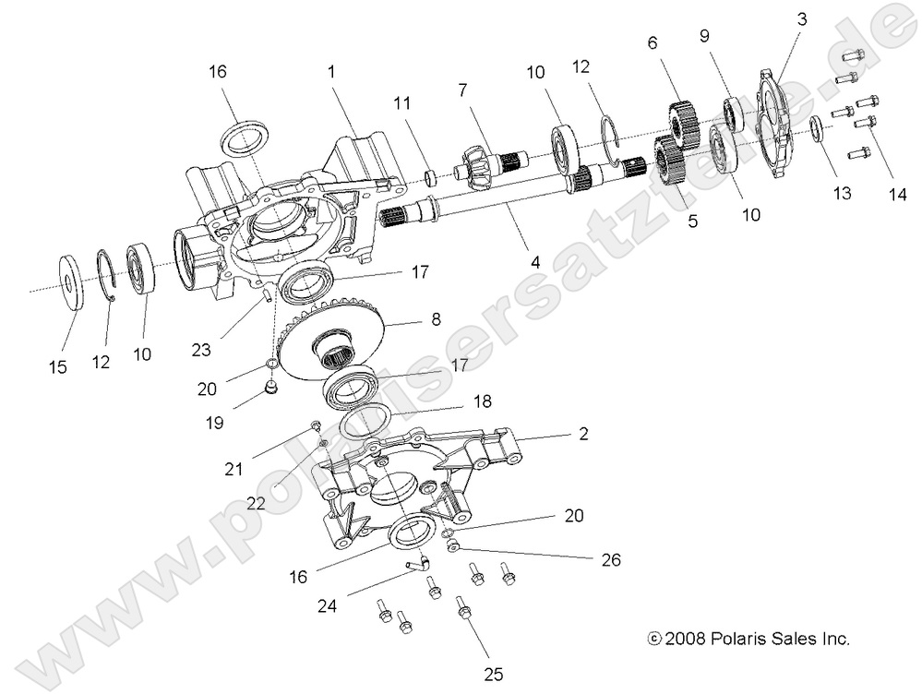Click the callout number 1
click(332, 71)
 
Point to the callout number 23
click(202, 351)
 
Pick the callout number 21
click(234, 469)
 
